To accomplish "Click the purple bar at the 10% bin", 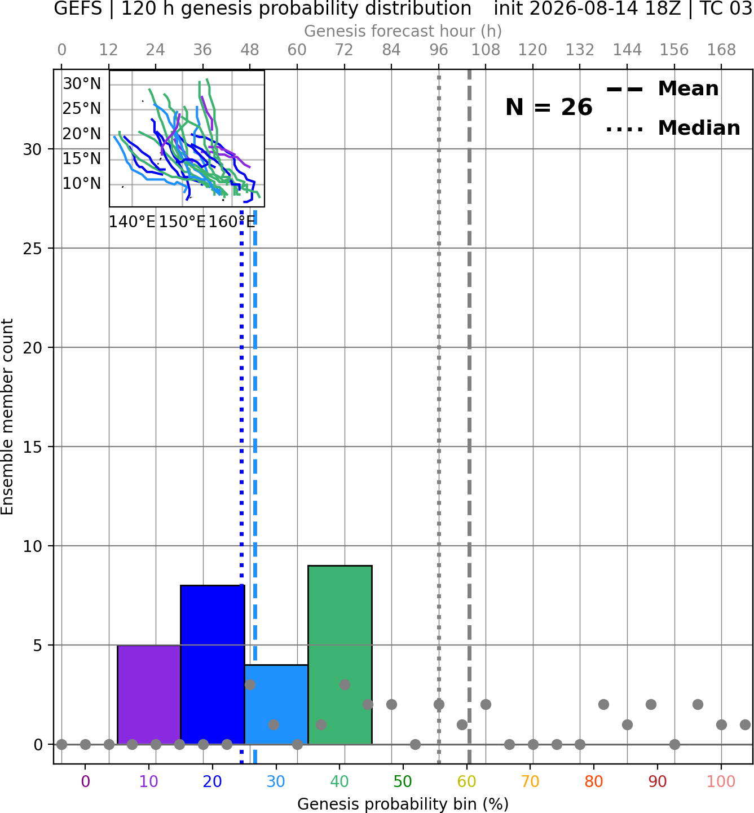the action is (149, 695).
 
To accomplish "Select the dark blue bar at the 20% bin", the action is (213, 665).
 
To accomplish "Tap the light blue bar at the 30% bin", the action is (276, 705).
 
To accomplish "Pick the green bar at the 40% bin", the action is (340, 655).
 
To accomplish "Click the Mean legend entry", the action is (663, 89).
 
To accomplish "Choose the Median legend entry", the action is (673, 128).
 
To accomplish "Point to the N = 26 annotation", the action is (549, 107).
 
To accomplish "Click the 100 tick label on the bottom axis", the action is (721, 781).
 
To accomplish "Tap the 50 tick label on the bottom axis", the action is (403, 781).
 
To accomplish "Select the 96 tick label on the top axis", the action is (439, 50).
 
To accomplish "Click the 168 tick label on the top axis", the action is (721, 50).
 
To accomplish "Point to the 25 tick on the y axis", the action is (33, 249).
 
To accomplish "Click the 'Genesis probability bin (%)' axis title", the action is (403, 804).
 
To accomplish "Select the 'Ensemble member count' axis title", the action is (7, 417).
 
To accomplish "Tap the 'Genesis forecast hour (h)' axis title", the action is (403, 31).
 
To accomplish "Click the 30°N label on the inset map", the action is (82, 84).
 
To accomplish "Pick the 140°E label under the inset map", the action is (132, 222).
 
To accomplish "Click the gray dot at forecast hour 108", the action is (486, 705).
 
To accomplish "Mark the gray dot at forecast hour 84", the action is (391, 705).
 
